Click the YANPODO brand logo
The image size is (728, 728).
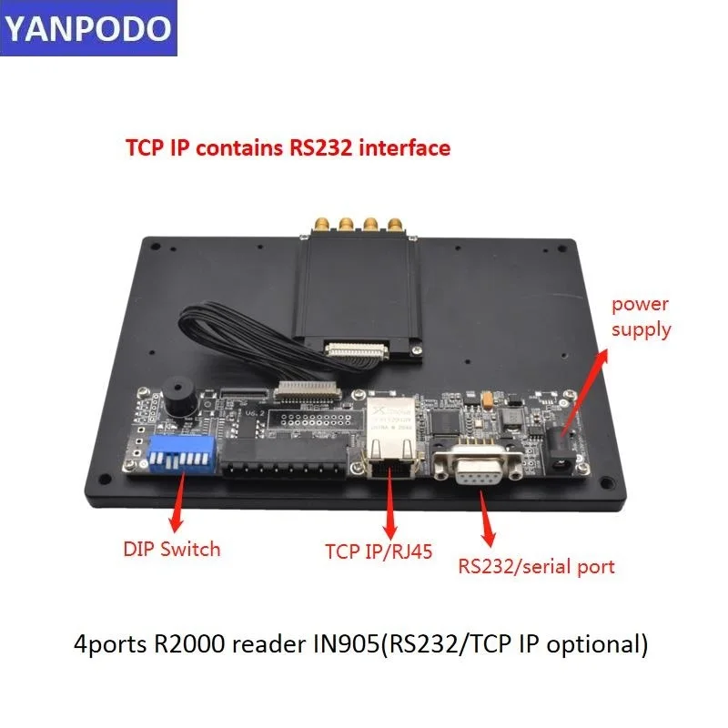87,29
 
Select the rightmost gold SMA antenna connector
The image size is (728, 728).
394,224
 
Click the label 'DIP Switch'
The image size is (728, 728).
171,549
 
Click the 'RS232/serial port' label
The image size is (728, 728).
536,566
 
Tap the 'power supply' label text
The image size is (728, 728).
641,316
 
